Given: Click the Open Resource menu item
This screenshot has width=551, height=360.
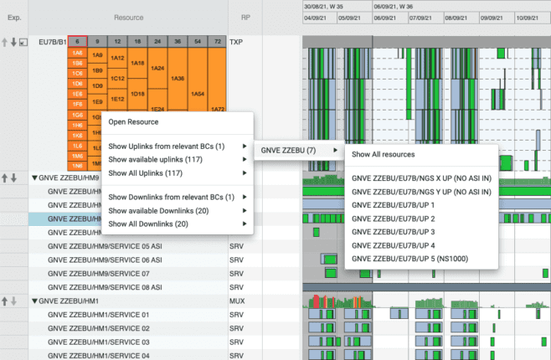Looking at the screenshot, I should tap(133, 122).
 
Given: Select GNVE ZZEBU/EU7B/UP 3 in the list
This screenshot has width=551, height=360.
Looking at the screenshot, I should tap(394, 231).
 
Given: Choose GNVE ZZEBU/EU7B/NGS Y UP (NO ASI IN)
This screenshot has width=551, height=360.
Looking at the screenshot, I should tap(421, 191).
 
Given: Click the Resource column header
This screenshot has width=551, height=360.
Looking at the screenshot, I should tap(139, 17).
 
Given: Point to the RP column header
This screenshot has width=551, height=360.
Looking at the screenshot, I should tap(245, 17).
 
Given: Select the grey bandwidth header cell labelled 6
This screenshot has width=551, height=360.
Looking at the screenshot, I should tap(76, 40).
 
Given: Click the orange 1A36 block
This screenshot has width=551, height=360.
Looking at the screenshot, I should tap(177, 79).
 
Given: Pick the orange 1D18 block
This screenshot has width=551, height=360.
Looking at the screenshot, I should tap(137, 94).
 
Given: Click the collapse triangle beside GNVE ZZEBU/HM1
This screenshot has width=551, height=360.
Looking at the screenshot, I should tap(34, 301).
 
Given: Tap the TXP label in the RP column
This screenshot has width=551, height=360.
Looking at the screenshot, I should tap(236, 40).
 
